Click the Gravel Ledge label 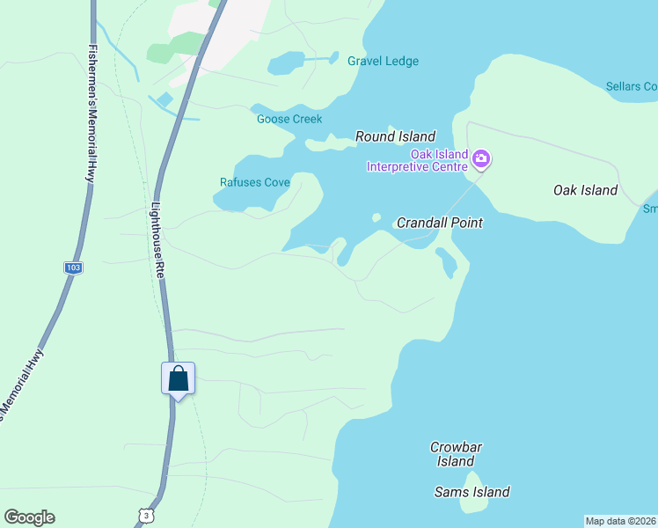383,62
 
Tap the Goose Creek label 289,120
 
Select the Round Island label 395,136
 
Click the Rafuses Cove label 254,183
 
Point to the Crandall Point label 439,223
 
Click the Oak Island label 585,190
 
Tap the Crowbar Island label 456,454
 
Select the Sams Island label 472,492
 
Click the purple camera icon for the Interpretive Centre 481,159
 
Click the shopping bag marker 178,379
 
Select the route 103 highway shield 73,267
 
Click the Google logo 29,517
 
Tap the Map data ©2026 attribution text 620,521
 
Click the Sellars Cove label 632,86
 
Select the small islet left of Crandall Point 377,217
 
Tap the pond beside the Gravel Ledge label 285,63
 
